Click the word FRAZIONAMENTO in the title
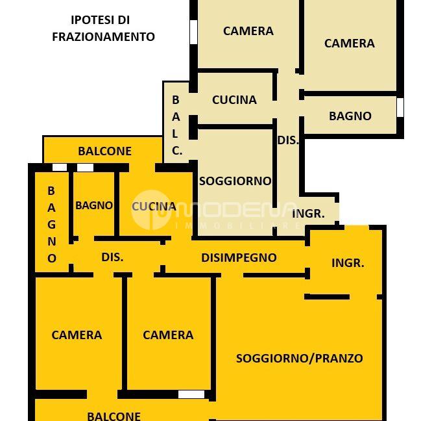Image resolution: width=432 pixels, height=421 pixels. tap(103, 37)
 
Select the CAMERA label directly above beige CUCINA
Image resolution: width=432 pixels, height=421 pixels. tap(248, 31)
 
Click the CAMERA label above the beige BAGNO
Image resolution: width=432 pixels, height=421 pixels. tap(349, 43)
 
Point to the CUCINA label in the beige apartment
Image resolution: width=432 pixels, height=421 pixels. tap(234, 99)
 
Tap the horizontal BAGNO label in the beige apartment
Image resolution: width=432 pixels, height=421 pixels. tap(350, 116)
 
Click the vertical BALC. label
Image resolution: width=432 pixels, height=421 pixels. tap(176, 125)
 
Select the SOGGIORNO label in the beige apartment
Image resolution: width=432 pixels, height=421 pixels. tap(235, 181)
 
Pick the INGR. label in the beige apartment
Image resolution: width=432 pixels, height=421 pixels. tap(308, 213)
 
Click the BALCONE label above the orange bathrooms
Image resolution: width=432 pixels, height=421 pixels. tap(104, 151)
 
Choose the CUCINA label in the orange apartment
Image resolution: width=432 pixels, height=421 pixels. tap(154, 207)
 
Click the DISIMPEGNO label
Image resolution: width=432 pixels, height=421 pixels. tap(239, 257)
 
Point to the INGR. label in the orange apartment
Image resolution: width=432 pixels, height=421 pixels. tap(348, 262)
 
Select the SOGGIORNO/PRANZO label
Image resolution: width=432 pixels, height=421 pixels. tap(299, 358)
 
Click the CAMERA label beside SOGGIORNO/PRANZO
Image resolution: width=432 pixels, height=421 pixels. tap(168, 335)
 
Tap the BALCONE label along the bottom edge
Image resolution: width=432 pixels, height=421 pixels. tap(114, 416)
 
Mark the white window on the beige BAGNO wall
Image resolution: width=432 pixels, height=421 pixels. tap(400, 107)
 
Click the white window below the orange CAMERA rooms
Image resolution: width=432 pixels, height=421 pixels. tap(191, 394)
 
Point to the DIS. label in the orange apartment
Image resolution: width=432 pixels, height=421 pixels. tap(112, 257)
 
